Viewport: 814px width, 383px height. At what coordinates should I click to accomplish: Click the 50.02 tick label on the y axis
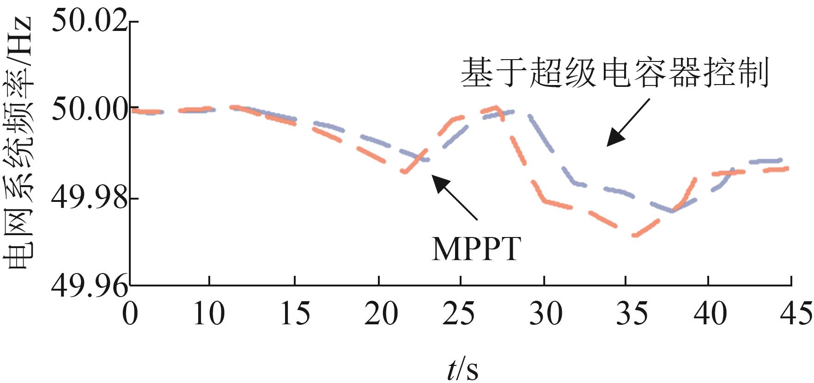pos(89,21)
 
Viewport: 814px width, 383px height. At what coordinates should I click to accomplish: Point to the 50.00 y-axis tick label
pos(89,109)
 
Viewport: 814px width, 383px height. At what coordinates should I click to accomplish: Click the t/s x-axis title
pos(462,368)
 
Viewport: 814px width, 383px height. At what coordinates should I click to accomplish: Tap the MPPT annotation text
pos(476,249)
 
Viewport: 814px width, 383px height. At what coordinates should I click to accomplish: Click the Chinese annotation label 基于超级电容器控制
pos(614,73)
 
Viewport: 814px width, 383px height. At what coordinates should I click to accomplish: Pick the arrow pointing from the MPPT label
pos(455,197)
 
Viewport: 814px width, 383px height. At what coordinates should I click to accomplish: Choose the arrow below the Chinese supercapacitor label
pos(628,122)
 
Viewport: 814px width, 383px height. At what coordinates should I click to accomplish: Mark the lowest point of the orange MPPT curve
pos(635,235)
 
